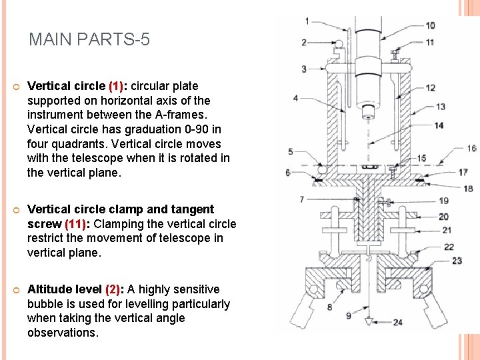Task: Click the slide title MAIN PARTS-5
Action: tap(89, 40)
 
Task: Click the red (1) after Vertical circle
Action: tap(117, 86)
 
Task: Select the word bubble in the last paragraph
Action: tap(45, 304)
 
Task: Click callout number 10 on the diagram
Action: tap(430, 25)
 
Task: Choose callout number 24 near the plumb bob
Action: tap(397, 323)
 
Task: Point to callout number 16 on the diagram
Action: tap(471, 148)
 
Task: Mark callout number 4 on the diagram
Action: tap(295, 99)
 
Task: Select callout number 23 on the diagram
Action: tap(456, 261)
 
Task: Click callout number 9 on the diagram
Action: tap(347, 316)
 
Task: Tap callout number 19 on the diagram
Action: tap(443, 201)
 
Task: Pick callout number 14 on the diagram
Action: tap(438, 125)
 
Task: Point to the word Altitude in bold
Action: tap(51, 289)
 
